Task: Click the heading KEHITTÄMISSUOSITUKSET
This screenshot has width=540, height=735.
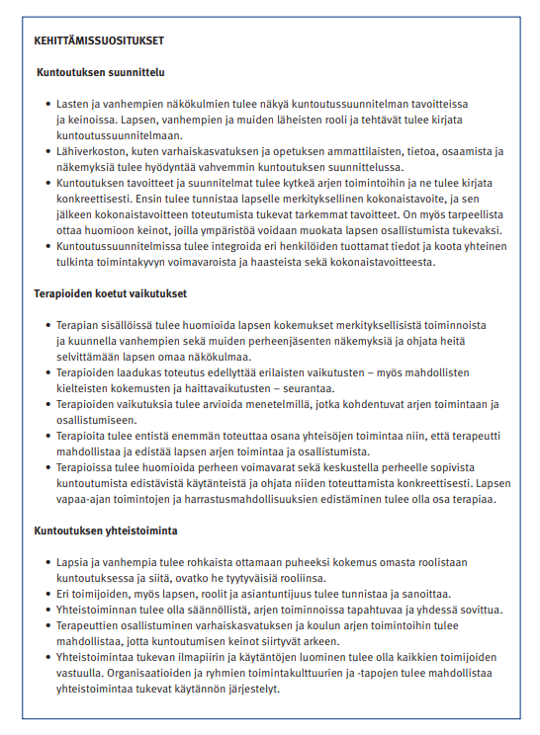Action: pos(97,41)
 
